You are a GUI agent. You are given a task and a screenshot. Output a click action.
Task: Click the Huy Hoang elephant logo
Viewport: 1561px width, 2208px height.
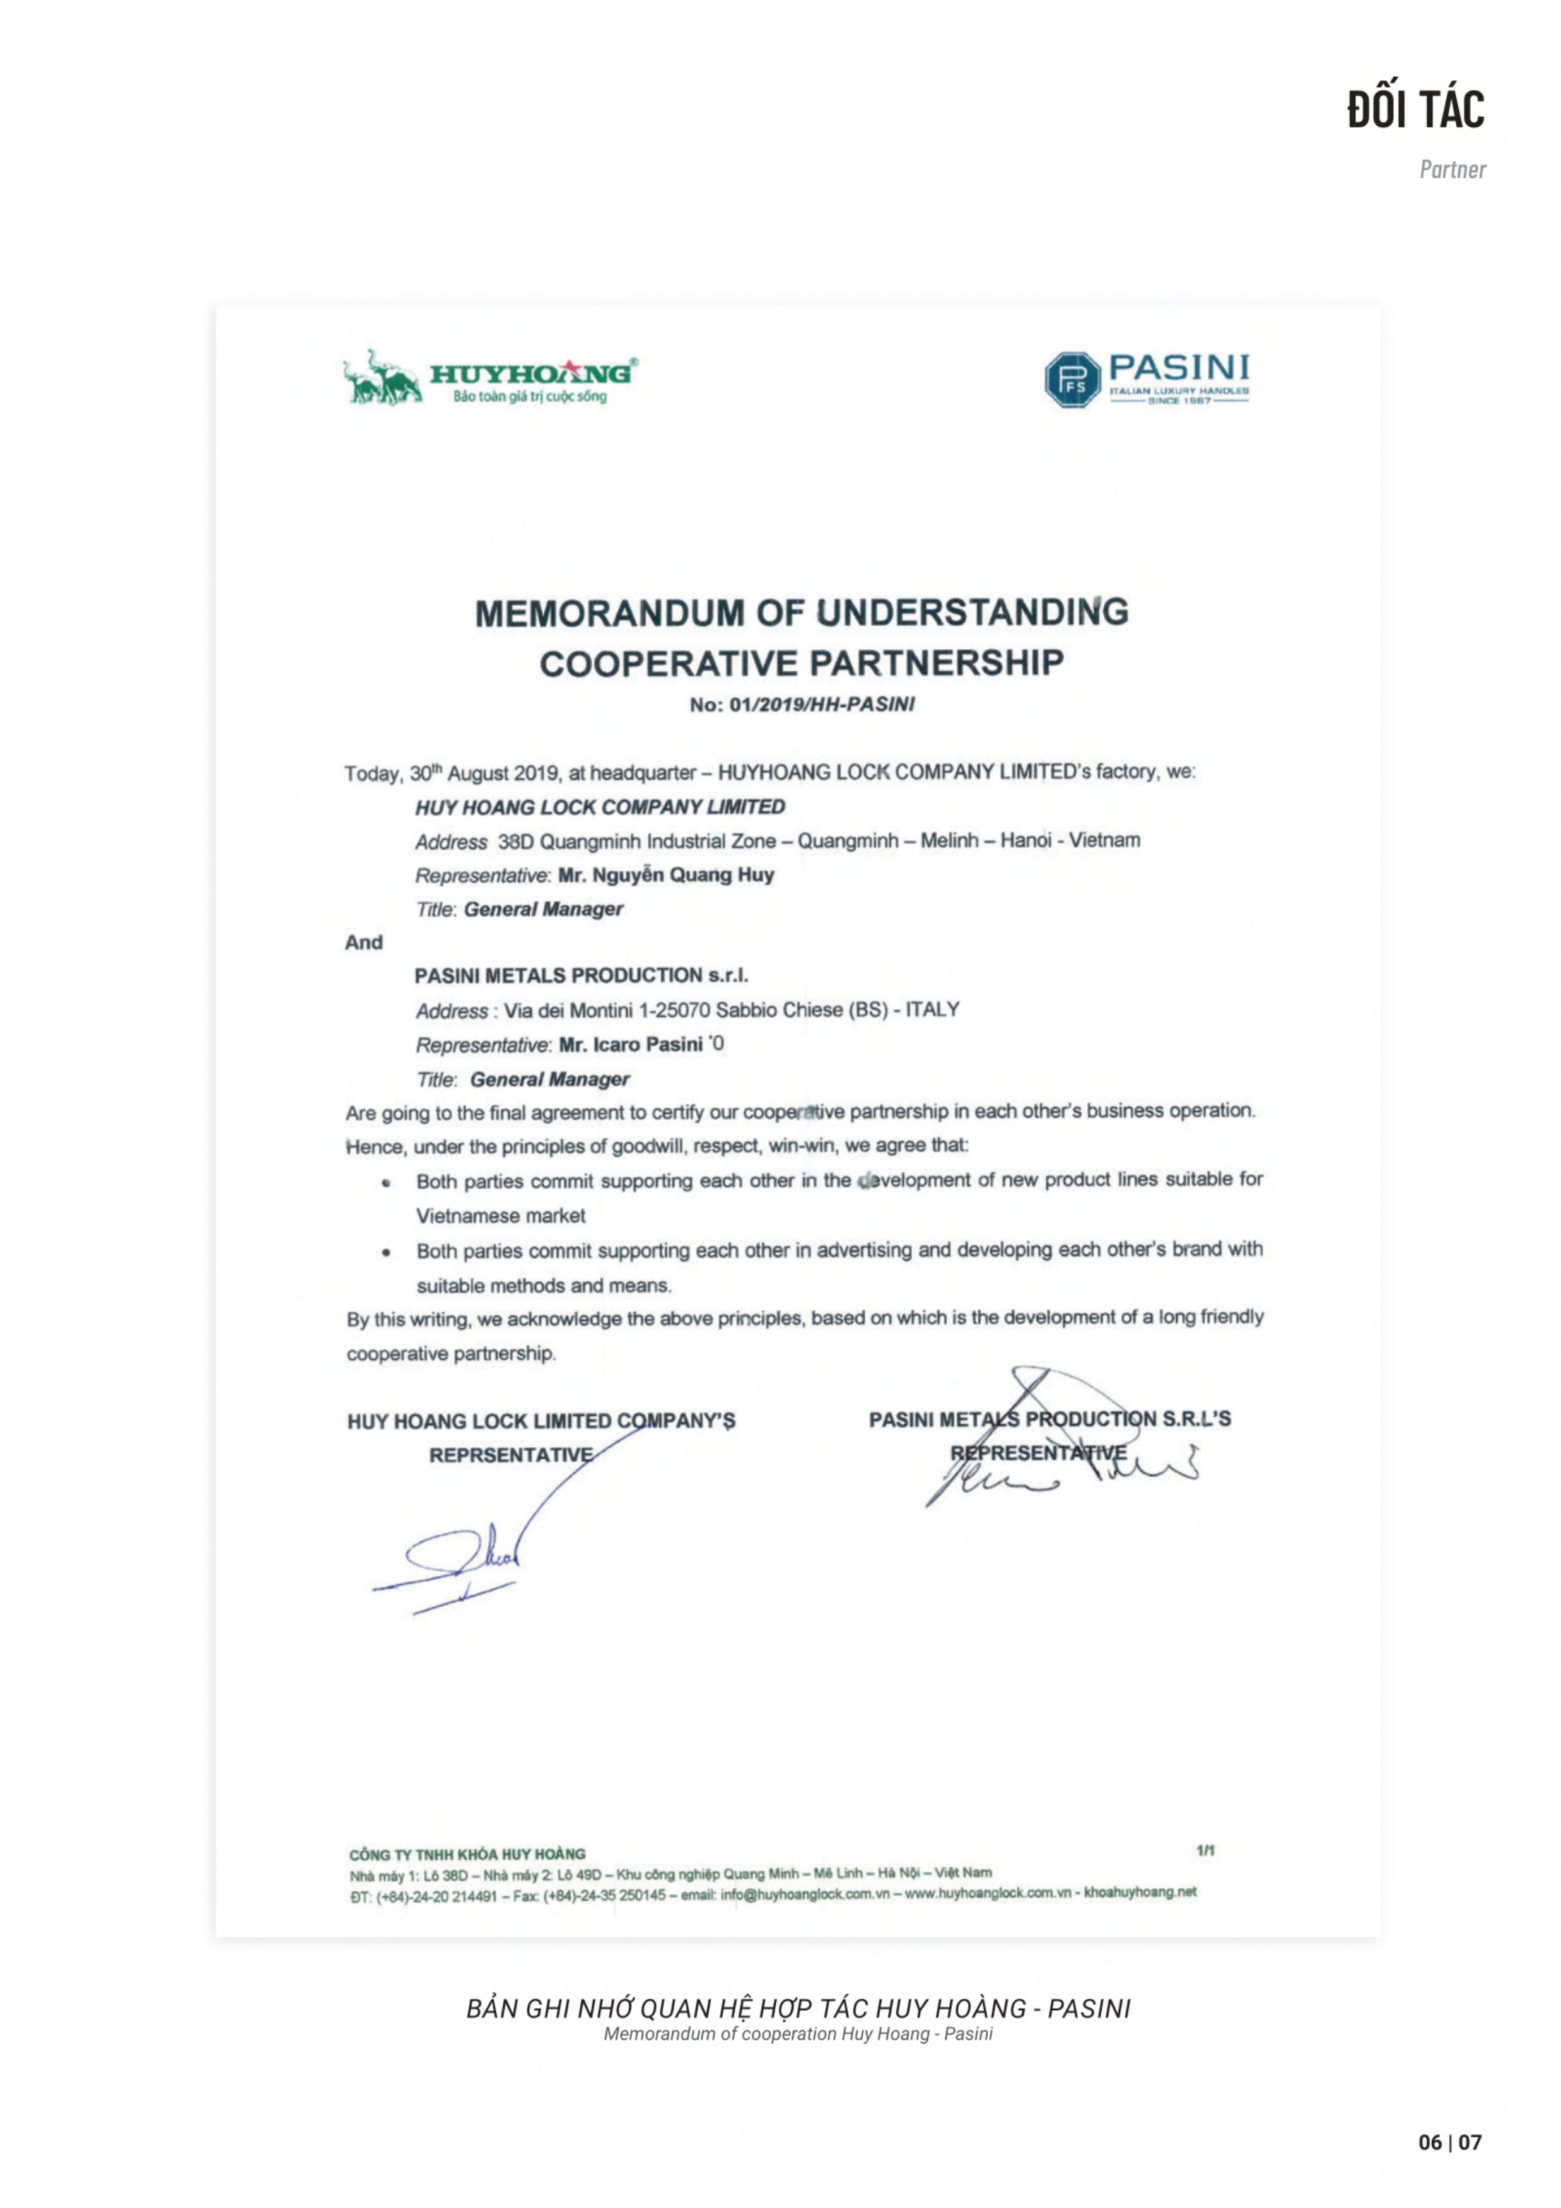(x=383, y=377)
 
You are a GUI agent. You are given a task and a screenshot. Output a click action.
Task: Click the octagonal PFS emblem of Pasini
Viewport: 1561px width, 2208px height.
(x=1072, y=379)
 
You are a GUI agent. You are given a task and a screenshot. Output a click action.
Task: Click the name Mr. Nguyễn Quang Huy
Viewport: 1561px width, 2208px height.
(x=666, y=875)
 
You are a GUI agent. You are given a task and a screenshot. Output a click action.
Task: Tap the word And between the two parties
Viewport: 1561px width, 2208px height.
(x=363, y=943)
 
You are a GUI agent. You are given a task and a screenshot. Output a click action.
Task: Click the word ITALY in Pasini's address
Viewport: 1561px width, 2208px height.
(x=932, y=1010)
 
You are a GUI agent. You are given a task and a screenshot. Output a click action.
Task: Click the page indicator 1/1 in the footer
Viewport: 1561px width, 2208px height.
(x=1205, y=1850)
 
